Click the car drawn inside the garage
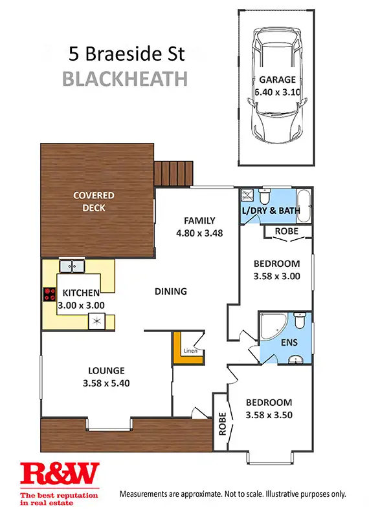coord(277,87)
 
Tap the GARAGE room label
coord(277,80)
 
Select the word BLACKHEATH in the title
coord(125,79)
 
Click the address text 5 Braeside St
coord(126,52)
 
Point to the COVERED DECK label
coord(93,201)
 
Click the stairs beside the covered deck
coord(173,173)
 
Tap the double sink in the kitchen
coord(72,265)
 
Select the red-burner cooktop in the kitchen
coord(49,295)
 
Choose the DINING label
coord(170,291)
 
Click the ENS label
coord(289,343)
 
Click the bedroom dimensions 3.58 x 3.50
coord(268,414)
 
